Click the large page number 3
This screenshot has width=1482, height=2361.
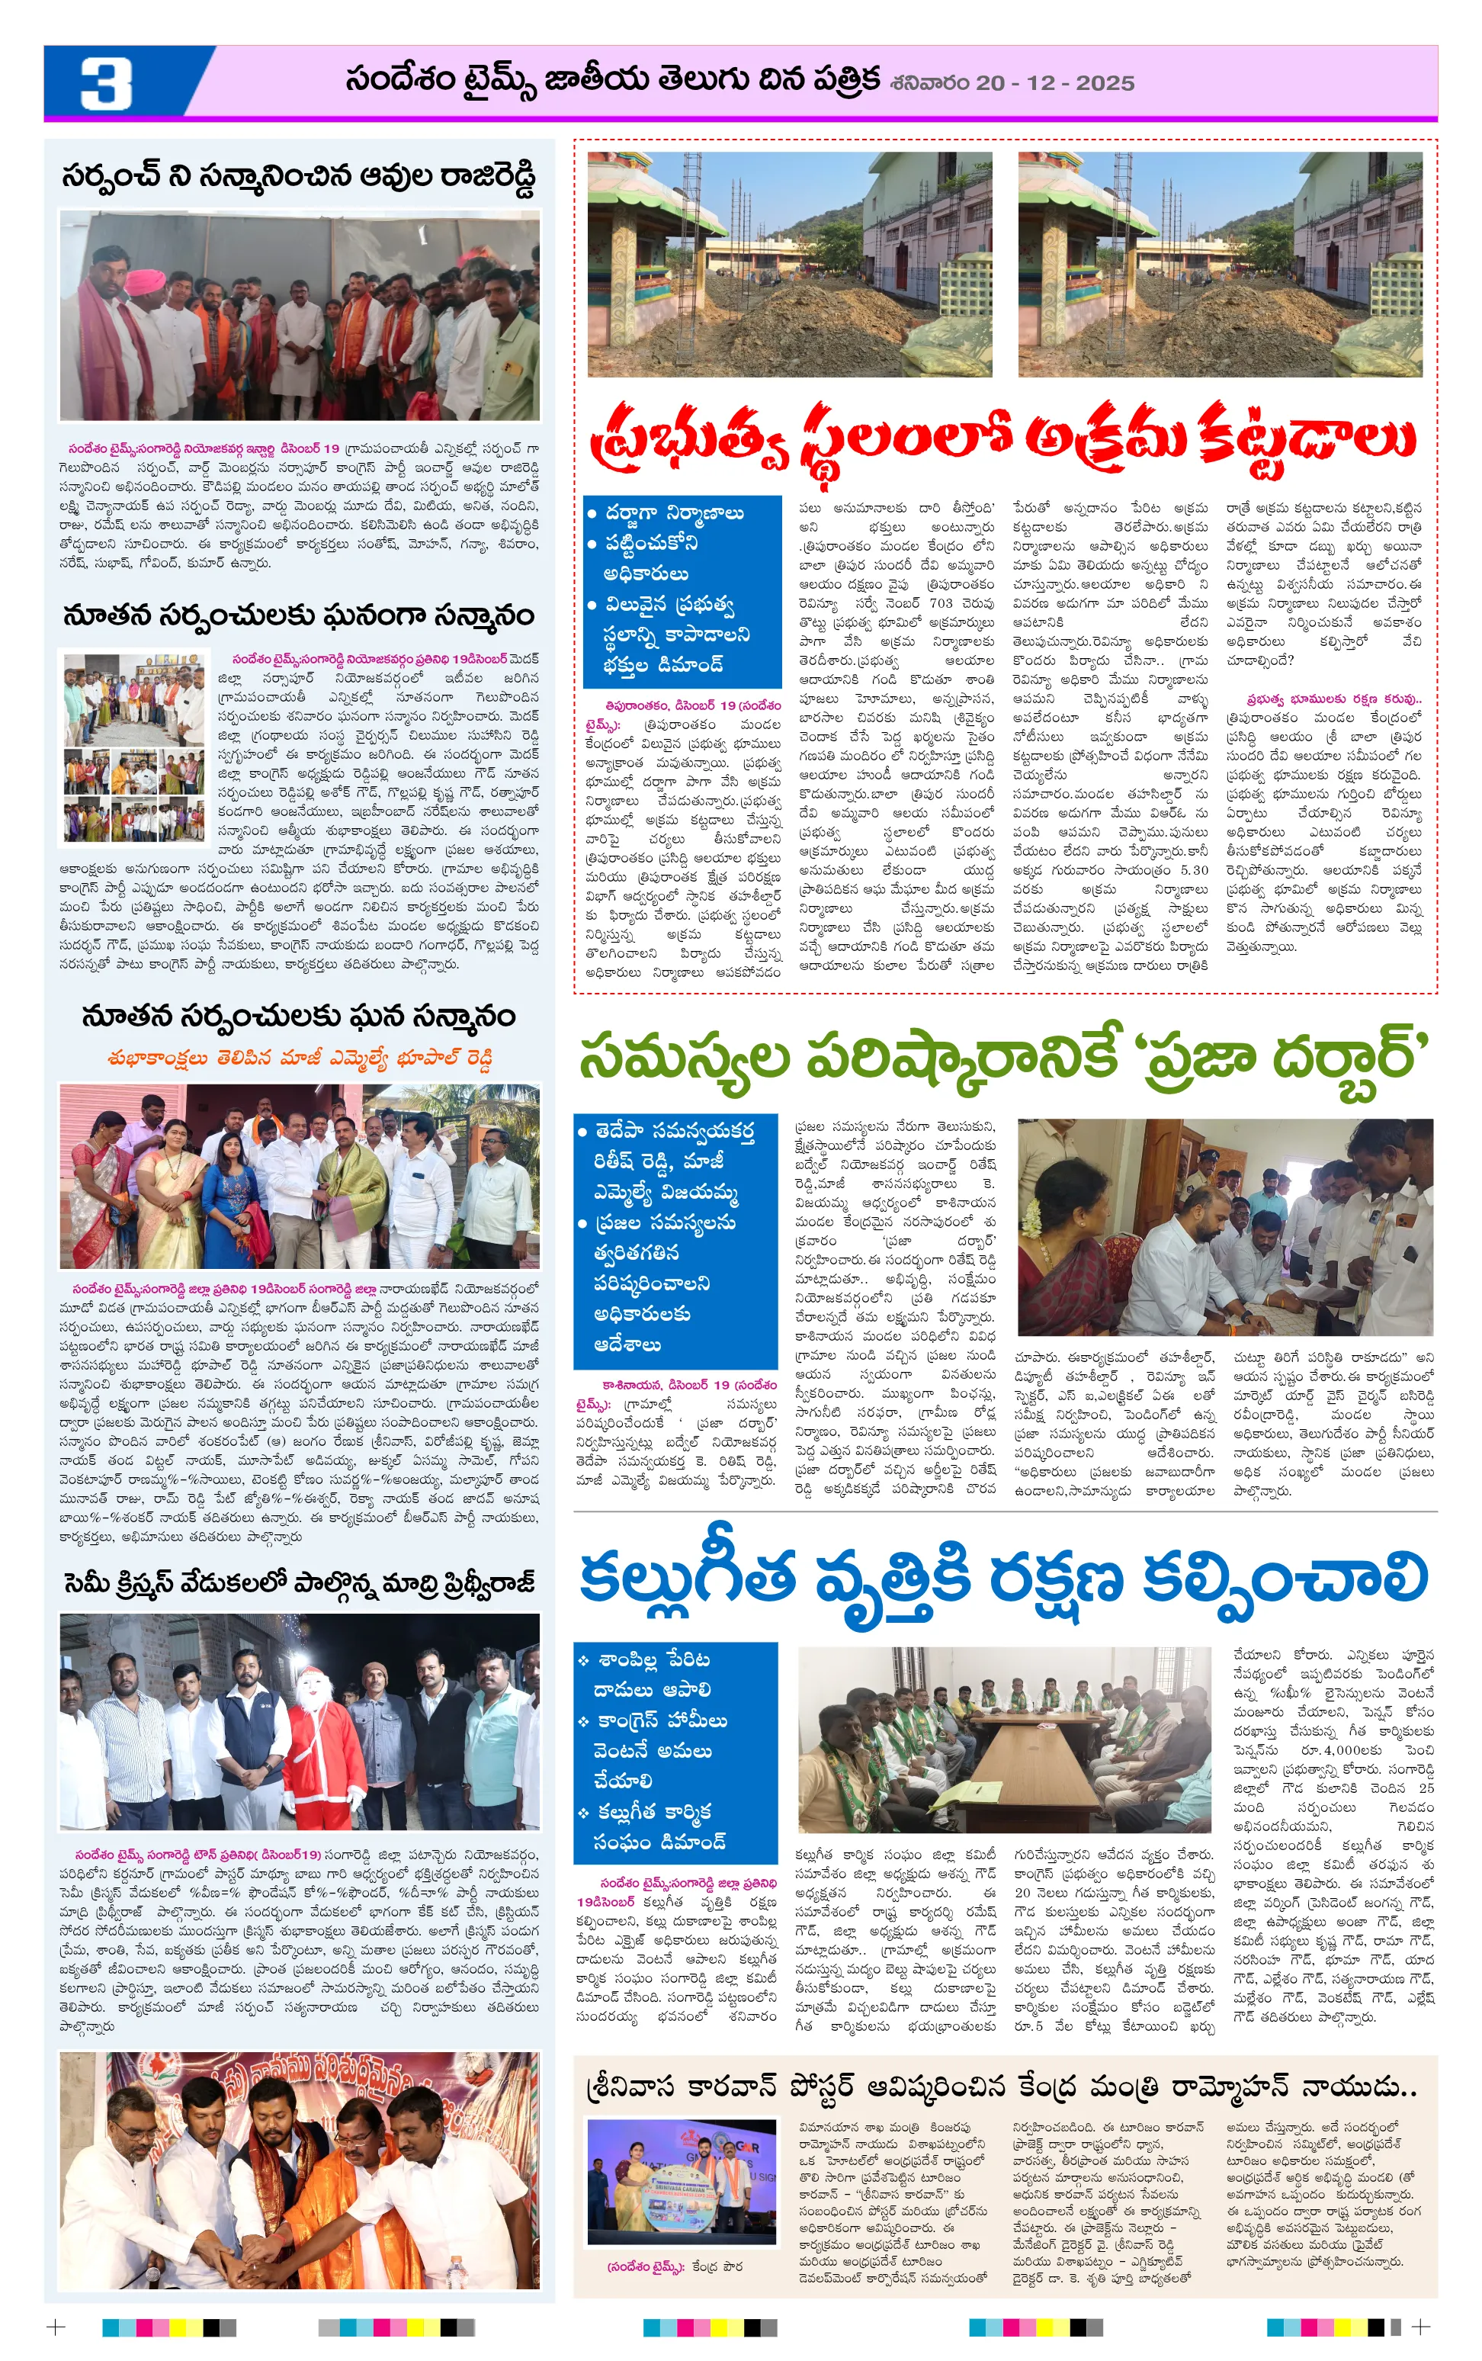coord(106,83)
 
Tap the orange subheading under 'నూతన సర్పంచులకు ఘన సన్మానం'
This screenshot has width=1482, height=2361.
coord(299,1059)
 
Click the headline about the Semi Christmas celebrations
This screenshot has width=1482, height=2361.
coord(299,1583)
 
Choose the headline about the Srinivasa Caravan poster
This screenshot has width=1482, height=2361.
coord(999,2090)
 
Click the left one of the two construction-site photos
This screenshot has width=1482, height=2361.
coord(789,265)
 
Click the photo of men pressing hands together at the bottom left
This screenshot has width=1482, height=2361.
coord(299,2173)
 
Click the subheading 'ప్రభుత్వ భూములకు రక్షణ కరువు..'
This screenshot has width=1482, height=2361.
coord(1323,699)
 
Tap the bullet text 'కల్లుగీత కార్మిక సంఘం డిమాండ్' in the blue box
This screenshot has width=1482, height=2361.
coord(661,1826)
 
